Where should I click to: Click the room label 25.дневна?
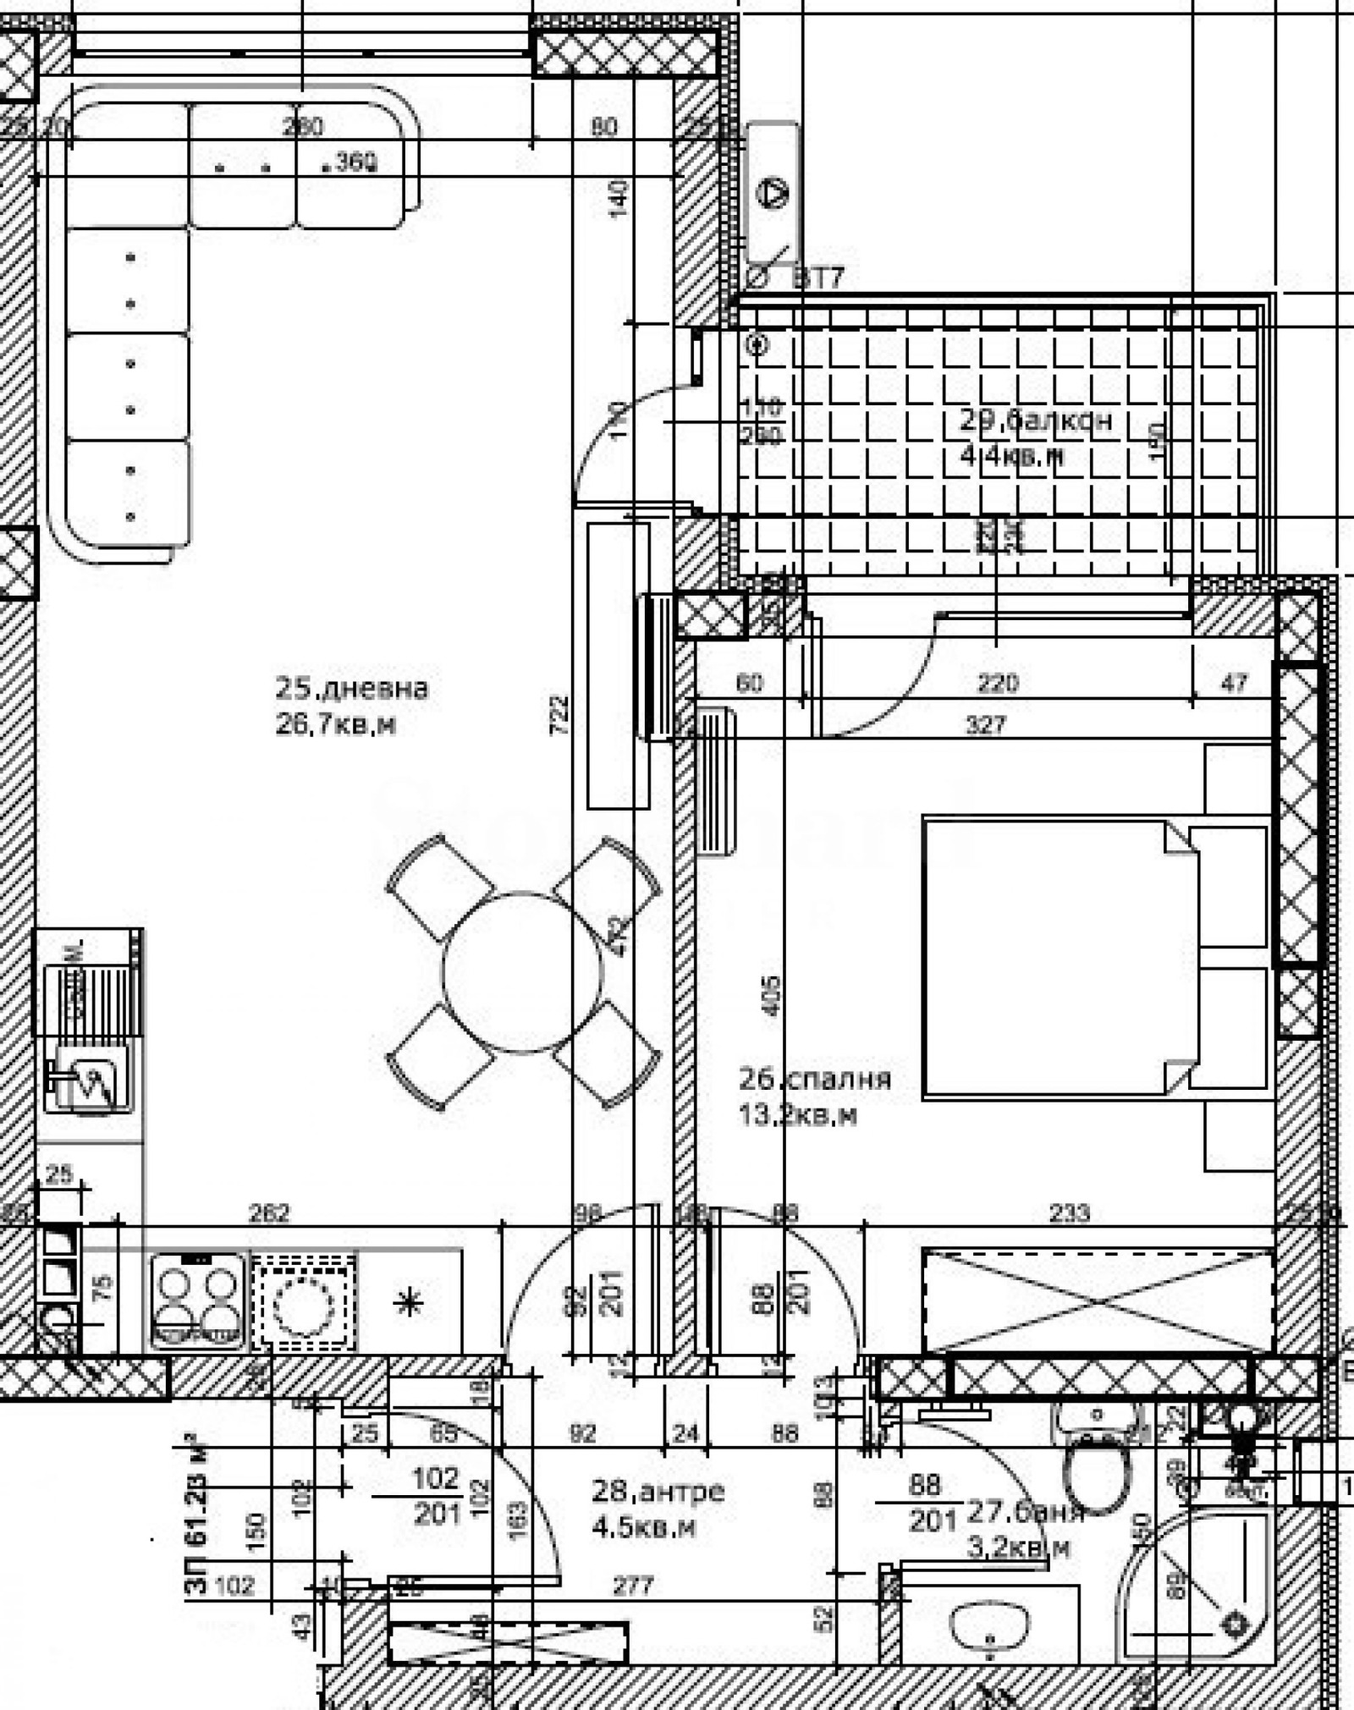(x=351, y=688)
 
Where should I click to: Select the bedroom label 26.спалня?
(x=815, y=1079)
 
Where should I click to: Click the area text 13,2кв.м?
(x=797, y=1116)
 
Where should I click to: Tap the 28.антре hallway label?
(x=658, y=1491)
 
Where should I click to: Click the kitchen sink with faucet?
(x=88, y=1079)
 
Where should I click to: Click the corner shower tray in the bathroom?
(x=1202, y=1586)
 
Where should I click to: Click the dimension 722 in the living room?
(x=559, y=715)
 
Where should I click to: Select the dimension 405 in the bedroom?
(x=771, y=997)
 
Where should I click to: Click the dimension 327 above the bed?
(x=986, y=725)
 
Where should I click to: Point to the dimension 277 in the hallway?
(x=633, y=1585)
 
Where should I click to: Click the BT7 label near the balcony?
(x=818, y=278)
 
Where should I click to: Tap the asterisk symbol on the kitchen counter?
(x=410, y=1303)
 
